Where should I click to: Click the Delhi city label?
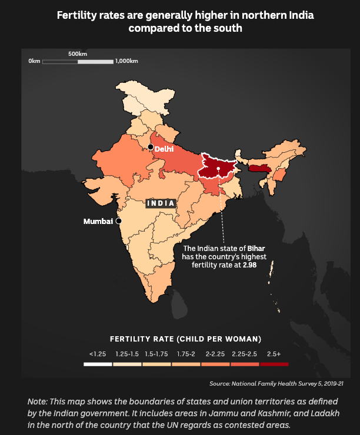pos(164,149)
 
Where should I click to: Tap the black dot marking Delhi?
pos(151,147)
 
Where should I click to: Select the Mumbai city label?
pos(98,222)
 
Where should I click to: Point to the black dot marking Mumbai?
pos(118,222)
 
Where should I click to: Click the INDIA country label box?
pos(161,203)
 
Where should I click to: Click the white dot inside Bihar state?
pos(218,169)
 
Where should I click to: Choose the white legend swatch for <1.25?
pos(98,364)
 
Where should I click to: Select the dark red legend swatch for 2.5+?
pos(274,364)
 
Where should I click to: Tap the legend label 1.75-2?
pos(186,354)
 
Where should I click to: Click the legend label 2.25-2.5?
pos(244,354)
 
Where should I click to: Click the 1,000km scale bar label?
pos(127,61)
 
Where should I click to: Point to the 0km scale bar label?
pos(34,61)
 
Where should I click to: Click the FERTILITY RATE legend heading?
pos(186,339)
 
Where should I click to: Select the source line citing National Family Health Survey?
pos(276,384)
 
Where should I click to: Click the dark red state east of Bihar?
pos(259,169)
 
